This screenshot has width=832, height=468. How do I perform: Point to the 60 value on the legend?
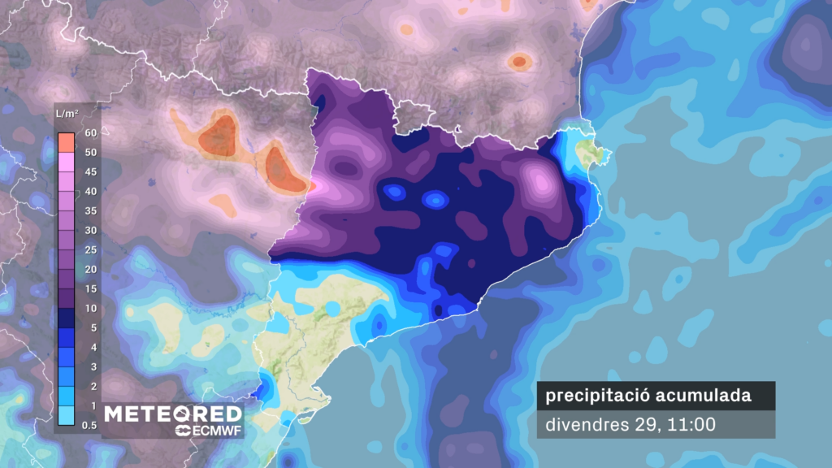pyautogui.click(x=90, y=132)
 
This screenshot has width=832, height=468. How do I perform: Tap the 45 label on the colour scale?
pyautogui.click(x=90, y=171)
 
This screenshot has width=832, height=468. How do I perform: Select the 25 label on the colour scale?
pyautogui.click(x=90, y=249)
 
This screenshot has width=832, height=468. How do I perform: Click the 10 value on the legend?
pyautogui.click(x=90, y=308)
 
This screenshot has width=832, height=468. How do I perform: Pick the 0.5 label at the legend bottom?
pyautogui.click(x=89, y=425)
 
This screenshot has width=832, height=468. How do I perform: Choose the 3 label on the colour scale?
pyautogui.click(x=91, y=366)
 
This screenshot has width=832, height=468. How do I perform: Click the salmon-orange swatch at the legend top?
pyautogui.click(x=67, y=142)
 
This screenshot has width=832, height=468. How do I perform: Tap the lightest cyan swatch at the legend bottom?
pyautogui.click(x=67, y=415)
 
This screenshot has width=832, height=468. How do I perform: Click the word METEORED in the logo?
pyautogui.click(x=172, y=414)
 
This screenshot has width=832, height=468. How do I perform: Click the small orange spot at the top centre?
pyautogui.click(x=518, y=61)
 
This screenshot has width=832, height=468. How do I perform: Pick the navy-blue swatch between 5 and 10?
pyautogui.click(x=67, y=318)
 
